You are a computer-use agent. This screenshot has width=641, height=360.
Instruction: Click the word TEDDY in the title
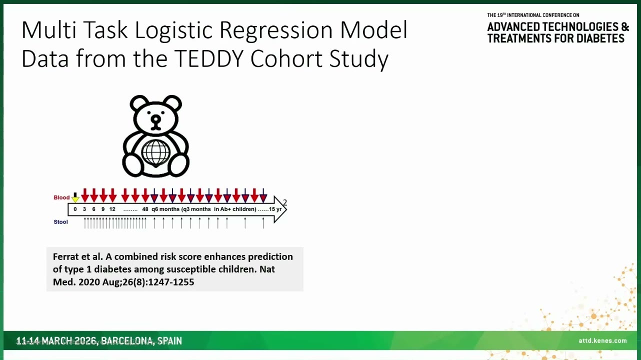208,58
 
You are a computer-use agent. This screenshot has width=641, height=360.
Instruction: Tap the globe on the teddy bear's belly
155,153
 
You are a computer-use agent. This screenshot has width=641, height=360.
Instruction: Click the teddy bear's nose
156,119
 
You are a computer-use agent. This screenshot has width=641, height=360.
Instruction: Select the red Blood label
61,197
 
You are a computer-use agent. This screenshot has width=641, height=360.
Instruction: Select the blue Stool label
60,222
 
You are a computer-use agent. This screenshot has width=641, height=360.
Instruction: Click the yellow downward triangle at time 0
75,199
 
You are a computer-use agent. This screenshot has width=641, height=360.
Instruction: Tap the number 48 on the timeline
145,209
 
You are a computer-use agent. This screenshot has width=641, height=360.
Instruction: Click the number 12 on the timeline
112,209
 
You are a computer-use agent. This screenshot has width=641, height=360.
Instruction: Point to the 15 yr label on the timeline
275,209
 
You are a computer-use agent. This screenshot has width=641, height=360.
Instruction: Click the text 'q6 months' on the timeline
165,209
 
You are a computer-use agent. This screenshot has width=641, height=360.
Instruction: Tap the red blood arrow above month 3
85,195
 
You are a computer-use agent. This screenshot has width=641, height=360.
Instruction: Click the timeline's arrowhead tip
286,209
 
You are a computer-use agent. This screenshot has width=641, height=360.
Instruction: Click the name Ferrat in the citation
66,256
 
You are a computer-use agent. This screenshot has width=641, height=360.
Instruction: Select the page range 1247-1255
171,282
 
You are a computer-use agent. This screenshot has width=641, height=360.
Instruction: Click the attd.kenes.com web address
602,340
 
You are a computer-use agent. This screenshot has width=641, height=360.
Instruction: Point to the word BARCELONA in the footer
127,341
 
